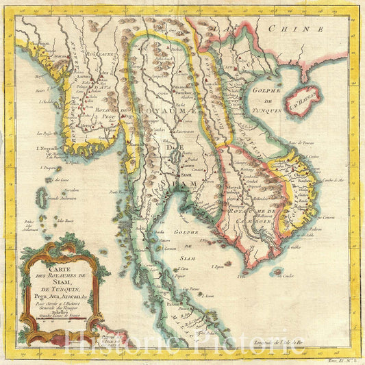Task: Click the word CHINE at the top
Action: coord(294,29)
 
